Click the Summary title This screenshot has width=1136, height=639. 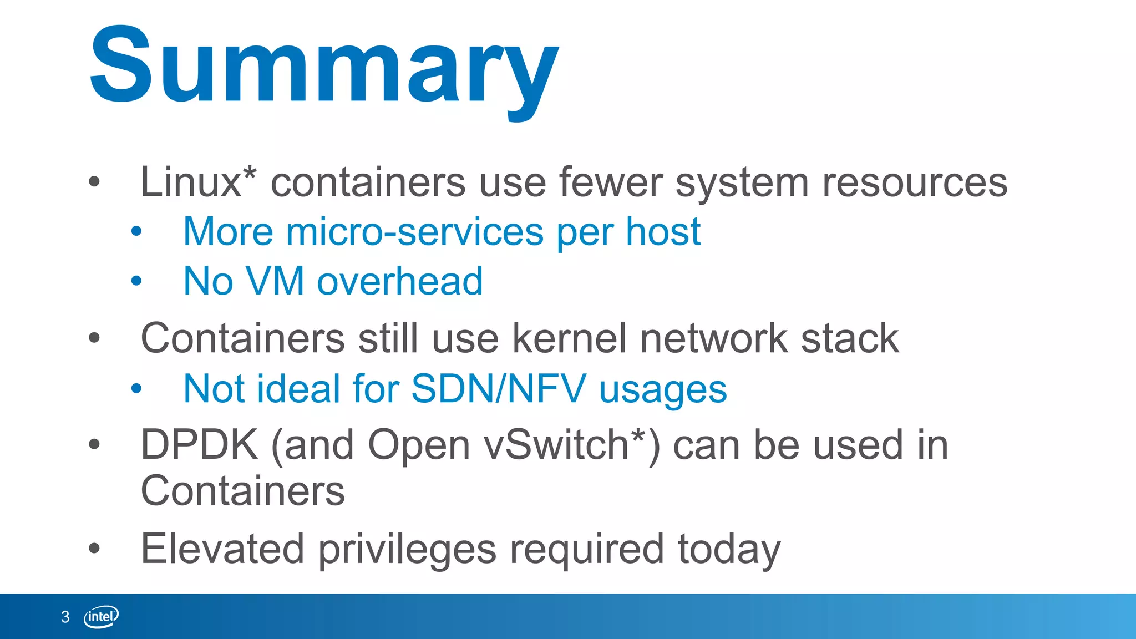click(x=324, y=67)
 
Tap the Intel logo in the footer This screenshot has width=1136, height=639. click(x=101, y=616)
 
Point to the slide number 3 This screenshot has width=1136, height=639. click(x=65, y=617)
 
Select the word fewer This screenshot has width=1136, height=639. click(x=610, y=182)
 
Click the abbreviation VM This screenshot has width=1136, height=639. click(x=275, y=281)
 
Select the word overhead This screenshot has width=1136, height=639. click(x=400, y=281)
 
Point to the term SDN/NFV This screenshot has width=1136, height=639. click(x=498, y=388)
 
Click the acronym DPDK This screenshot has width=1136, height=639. click(x=199, y=445)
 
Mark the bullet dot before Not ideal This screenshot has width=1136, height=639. click(x=136, y=389)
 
